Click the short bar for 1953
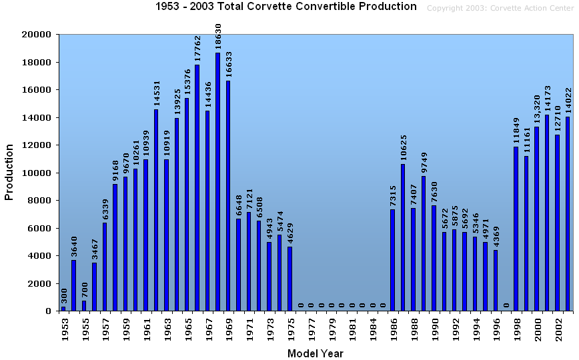point(63,309)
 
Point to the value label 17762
point(197,49)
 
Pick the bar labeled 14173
point(547,213)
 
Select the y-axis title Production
point(9,173)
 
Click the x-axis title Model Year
point(316,353)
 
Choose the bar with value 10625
point(403,237)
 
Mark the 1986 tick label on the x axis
point(394,329)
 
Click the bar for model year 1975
point(289,279)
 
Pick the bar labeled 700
point(84,306)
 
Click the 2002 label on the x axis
point(558,329)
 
